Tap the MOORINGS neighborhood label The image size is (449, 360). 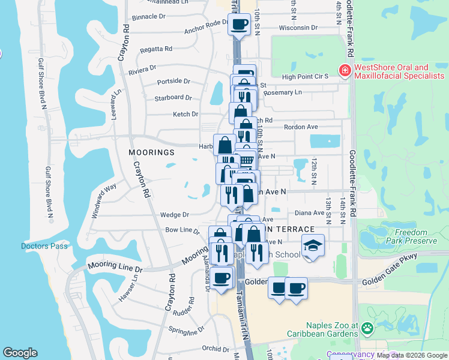pos(151,152)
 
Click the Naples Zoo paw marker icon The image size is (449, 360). pos(366,329)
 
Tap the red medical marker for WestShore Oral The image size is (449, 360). pos(345,72)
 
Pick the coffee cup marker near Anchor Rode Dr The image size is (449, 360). pos(239,25)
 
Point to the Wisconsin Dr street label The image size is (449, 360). pos(298,28)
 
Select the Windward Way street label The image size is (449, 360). pos(102,196)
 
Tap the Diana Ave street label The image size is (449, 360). pos(310,212)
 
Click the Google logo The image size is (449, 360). pos(20,353)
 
